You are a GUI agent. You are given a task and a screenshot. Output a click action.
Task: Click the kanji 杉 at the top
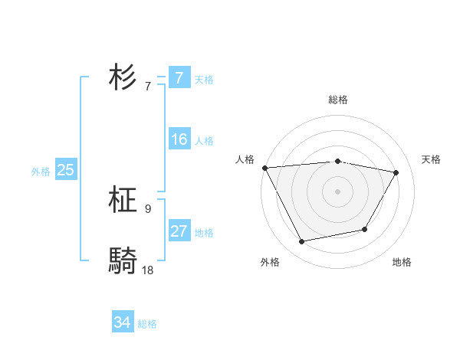[x=123, y=78]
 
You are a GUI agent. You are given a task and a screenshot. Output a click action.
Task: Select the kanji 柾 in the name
[x=123, y=201]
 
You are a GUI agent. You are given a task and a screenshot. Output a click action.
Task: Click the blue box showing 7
[x=179, y=78]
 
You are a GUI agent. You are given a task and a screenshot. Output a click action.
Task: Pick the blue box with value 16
[x=179, y=140]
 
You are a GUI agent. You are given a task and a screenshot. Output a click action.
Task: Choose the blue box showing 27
[x=179, y=232]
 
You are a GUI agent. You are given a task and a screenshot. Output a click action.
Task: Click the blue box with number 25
[x=65, y=171]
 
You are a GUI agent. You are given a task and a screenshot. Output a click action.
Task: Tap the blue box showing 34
[x=122, y=323]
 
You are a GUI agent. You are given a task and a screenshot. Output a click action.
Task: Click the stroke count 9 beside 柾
[x=148, y=208]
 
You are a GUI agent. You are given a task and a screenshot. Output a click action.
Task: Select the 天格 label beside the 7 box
[x=204, y=80]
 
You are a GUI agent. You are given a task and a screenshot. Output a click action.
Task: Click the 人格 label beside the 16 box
[x=204, y=141]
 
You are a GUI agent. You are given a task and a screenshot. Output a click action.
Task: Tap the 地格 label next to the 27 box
[x=204, y=233]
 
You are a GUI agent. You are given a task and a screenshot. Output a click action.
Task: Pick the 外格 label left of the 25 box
[x=41, y=172]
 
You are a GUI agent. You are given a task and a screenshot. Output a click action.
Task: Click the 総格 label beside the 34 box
[x=147, y=324]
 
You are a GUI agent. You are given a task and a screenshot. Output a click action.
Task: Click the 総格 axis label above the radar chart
[x=337, y=100]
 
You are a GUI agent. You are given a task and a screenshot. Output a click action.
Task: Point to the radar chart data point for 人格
[x=264, y=168]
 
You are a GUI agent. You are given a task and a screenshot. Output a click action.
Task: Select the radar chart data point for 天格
[x=396, y=172]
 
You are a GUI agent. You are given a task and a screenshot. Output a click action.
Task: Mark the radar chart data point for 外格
[x=301, y=241]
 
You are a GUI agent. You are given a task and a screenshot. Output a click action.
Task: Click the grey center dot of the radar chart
[x=337, y=191]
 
